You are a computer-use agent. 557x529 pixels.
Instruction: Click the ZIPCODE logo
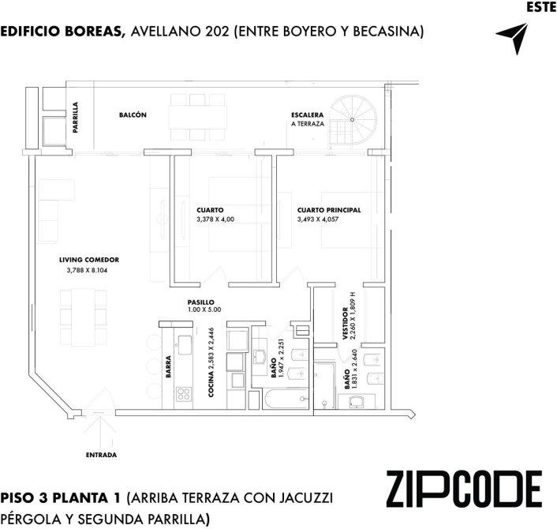pos(464,489)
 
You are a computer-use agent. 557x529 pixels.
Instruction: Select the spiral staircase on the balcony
pos(353,119)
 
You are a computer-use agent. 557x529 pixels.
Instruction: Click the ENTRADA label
pos(101,455)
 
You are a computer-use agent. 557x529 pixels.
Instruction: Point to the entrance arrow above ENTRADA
pos(100,432)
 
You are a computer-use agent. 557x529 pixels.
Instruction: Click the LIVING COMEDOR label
pos(89,260)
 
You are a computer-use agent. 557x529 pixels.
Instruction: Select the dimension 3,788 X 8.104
pos(87,270)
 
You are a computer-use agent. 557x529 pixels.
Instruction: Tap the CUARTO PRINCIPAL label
pos(329,210)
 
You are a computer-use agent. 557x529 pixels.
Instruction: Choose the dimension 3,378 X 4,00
pos(215,219)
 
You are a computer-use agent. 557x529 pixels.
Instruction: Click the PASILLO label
pos(201,302)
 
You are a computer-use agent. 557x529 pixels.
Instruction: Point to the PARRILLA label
pos(75,118)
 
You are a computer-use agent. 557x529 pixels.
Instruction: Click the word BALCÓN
pos(133,114)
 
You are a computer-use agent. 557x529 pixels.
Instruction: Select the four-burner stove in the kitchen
pos(184,394)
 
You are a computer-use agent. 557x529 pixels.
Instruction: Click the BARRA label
pos(168,366)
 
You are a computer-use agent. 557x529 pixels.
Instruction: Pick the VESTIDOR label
pos(346,324)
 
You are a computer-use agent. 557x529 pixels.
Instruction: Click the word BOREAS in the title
pos(95,32)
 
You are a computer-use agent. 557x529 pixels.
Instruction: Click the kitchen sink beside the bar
pos(185,345)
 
